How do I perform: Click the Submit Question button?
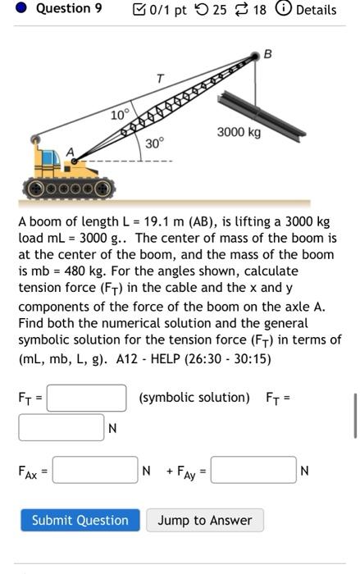(80, 520)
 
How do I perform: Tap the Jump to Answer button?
(205, 520)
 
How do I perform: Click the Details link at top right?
(316, 10)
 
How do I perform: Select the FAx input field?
(95, 471)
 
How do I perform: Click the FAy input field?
(253, 471)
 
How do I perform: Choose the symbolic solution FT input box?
(86, 398)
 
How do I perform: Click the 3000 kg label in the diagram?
(239, 133)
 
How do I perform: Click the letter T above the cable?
(161, 78)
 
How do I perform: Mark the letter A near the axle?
(70, 152)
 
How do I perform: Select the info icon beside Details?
(285, 10)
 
